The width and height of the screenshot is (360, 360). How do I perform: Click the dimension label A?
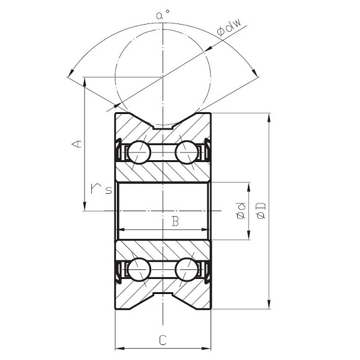pos(76,144)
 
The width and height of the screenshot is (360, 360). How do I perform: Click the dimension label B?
pos(175,221)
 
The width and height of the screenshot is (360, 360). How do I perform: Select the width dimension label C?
pos(163,340)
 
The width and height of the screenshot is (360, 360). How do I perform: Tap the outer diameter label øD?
pos(262,210)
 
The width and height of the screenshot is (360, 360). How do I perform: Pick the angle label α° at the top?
pos(160,15)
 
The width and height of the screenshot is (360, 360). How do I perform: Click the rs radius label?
pos(98,189)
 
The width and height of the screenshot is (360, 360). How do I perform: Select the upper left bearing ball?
pos(139,152)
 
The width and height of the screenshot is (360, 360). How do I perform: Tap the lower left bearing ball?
pos(139,269)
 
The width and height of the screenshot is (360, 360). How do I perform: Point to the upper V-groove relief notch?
pos(163,127)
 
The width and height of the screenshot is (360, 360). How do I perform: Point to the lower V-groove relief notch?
pos(163,295)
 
